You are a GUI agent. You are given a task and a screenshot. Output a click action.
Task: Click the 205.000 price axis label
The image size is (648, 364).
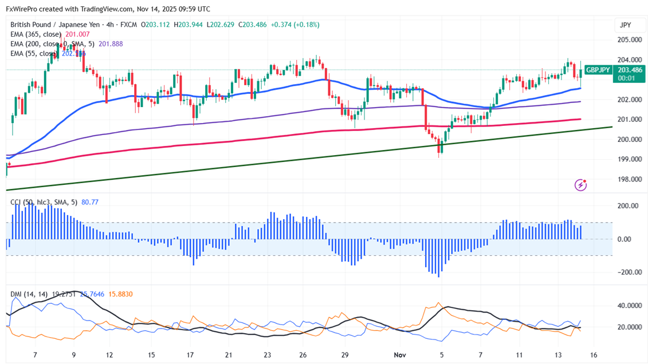tap(629, 39)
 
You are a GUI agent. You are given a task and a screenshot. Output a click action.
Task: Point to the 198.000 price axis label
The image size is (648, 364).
tap(629, 179)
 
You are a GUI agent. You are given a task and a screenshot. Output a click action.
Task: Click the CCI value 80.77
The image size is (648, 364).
tap(91, 201)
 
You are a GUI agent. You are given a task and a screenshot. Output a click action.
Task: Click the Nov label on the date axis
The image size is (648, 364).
tap(400, 355)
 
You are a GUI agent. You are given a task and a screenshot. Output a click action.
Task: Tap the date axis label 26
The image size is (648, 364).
tap(304, 355)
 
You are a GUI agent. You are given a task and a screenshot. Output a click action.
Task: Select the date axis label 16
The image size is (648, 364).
tap(593, 355)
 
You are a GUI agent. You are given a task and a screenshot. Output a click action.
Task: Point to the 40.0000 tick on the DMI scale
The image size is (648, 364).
tap(629, 306)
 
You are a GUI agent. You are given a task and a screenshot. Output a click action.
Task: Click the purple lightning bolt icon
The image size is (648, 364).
tap(581, 185)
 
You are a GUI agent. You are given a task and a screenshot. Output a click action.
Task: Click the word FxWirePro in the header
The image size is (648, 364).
tap(23, 9)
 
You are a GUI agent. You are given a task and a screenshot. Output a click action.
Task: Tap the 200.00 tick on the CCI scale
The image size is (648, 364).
tap(629, 206)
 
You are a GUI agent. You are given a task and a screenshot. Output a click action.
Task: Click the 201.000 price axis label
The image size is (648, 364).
tap(629, 120)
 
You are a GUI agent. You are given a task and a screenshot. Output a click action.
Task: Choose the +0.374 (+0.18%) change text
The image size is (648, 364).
tap(295, 25)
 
